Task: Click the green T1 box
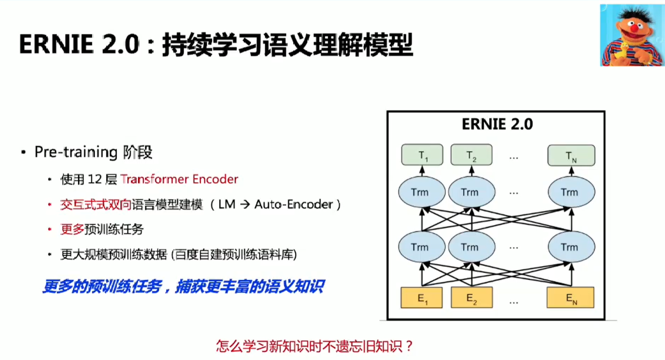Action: [x=422, y=155]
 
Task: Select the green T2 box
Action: [x=471, y=155]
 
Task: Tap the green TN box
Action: [x=571, y=155]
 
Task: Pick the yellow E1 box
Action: [x=422, y=298]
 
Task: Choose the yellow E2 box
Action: [x=472, y=298]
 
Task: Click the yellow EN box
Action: [x=571, y=298]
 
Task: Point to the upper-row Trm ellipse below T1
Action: [x=422, y=192]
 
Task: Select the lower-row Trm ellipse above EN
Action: [x=571, y=247]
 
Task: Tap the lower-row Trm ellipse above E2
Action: [x=472, y=247]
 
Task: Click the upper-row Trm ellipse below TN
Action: [x=571, y=192]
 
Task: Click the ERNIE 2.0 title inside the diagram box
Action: [x=497, y=124]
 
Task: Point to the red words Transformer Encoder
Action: [x=179, y=179]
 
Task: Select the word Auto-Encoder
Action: [x=294, y=204]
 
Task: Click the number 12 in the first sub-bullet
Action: [x=95, y=179]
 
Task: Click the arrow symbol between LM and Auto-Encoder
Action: [x=245, y=204]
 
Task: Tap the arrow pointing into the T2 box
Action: [x=472, y=171]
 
